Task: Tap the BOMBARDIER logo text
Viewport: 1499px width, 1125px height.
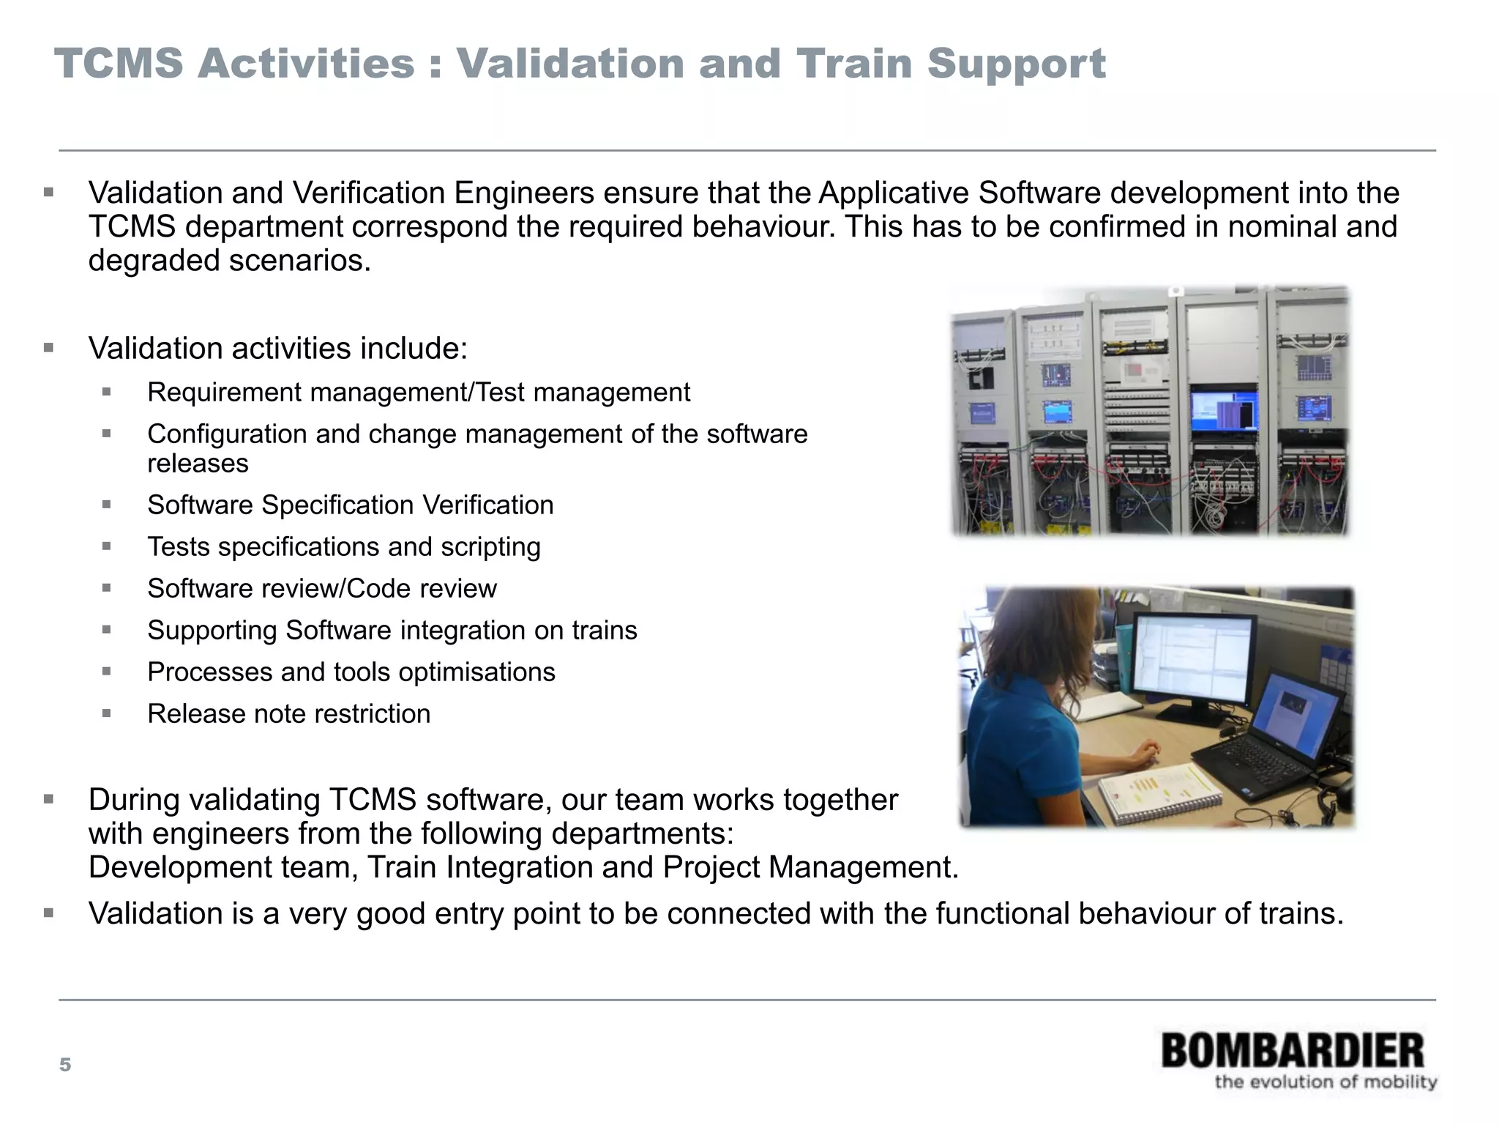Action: point(1293,1051)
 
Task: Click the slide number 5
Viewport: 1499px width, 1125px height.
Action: point(65,1065)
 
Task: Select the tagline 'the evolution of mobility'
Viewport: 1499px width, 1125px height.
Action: point(1326,1082)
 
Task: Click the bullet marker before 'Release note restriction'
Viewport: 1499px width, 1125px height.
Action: point(107,713)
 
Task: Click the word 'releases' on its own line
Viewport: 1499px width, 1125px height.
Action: point(198,464)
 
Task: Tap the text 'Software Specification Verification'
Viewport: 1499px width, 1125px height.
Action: point(350,505)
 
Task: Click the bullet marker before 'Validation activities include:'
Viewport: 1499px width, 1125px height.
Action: point(49,348)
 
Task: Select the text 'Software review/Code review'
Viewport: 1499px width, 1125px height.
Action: point(322,589)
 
